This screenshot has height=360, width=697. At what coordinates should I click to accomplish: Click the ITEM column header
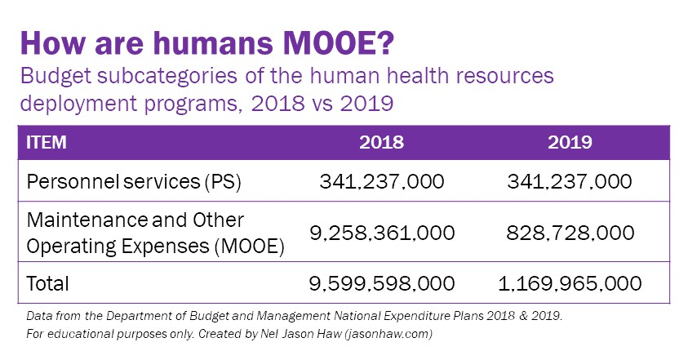[47, 142]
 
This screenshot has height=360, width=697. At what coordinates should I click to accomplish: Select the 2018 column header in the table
[382, 142]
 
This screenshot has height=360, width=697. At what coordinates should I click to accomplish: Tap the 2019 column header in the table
[570, 142]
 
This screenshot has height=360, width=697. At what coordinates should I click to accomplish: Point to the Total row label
[48, 283]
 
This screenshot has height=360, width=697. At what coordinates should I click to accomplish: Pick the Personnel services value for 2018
[382, 180]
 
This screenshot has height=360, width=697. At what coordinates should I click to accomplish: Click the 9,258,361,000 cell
[382, 233]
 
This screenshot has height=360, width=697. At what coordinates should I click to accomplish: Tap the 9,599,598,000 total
[382, 283]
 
